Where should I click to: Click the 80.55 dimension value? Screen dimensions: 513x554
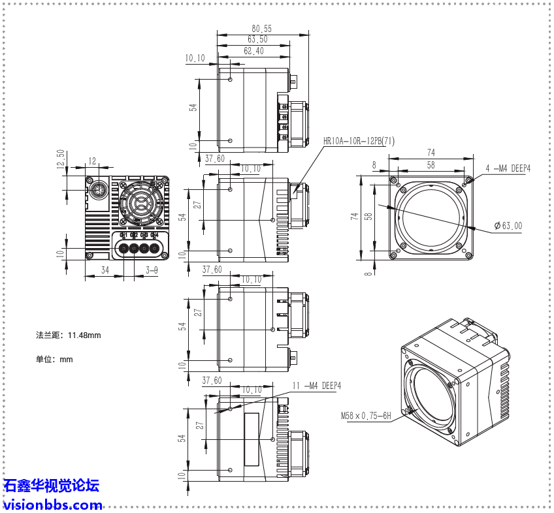pos(261,29)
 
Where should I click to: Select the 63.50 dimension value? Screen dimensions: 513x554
pos(257,40)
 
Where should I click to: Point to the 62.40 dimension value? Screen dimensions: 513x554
pos(253,51)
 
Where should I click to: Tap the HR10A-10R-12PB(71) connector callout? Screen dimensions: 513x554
pos(359,141)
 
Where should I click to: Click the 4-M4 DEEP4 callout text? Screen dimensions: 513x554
pos(508,168)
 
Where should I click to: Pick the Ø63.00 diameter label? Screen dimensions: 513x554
pos(508,226)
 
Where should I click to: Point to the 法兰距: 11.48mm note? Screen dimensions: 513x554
pos(69,335)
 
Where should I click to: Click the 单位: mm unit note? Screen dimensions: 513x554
pos(54,359)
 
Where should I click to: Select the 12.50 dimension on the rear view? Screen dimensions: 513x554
pos(60,160)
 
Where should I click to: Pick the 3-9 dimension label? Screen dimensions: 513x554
pos(152,270)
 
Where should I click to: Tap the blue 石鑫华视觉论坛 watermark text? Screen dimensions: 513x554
pos(52,486)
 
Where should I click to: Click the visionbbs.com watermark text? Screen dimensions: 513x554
pos(53,505)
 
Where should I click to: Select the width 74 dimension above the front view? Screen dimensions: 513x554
pos(431,153)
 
